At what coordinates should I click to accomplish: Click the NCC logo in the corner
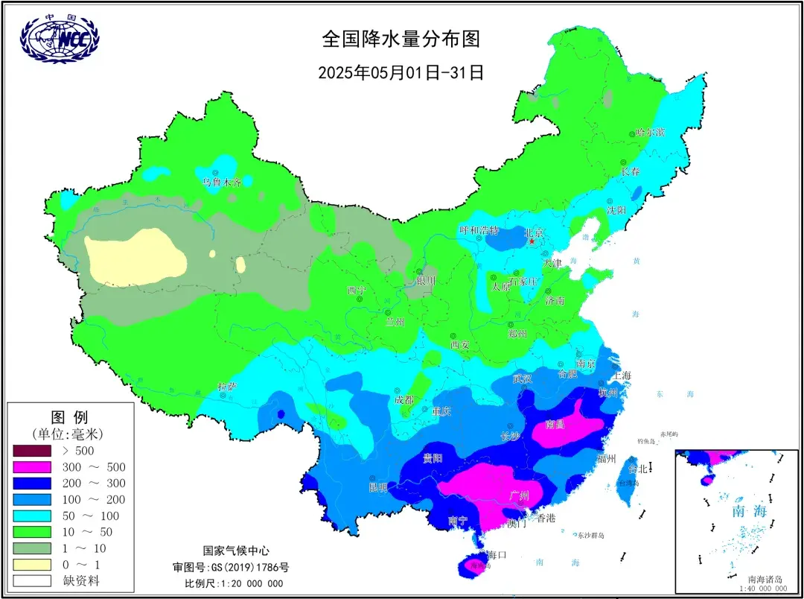click(x=60, y=39)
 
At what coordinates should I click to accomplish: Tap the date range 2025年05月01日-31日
click(x=401, y=72)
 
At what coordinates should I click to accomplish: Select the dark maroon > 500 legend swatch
click(x=31, y=451)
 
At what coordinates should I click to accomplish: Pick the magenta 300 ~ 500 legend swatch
click(x=31, y=467)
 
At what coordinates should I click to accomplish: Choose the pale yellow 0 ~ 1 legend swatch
click(x=31, y=565)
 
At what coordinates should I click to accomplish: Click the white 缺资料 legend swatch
click(x=31, y=580)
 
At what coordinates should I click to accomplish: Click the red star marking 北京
click(x=532, y=242)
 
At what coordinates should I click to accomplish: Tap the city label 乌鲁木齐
click(x=222, y=182)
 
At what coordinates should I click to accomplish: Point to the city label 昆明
click(x=378, y=488)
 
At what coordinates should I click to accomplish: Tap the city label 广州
click(x=518, y=495)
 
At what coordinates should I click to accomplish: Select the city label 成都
click(x=405, y=400)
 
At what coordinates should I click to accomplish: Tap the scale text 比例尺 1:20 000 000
click(x=234, y=583)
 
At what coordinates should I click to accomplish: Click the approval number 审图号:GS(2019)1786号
click(x=231, y=567)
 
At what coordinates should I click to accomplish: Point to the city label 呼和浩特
click(x=479, y=230)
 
